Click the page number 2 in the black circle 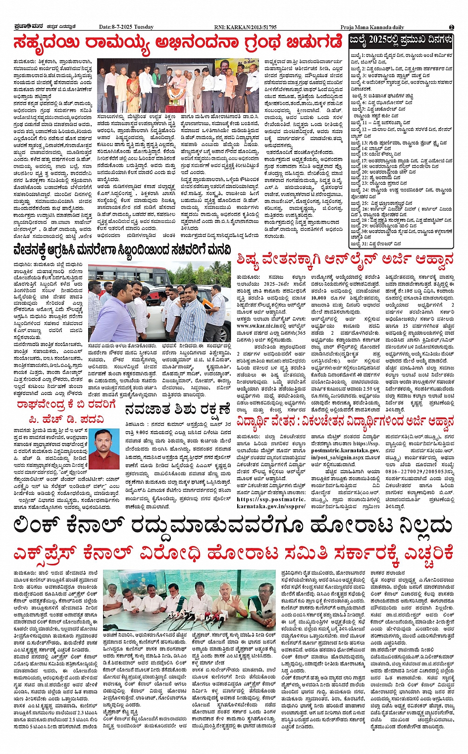click(452, 27)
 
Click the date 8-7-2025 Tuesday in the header click(126, 27)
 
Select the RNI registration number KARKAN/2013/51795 click(248, 27)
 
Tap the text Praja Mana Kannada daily click(372, 27)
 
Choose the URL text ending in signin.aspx click(337, 457)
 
